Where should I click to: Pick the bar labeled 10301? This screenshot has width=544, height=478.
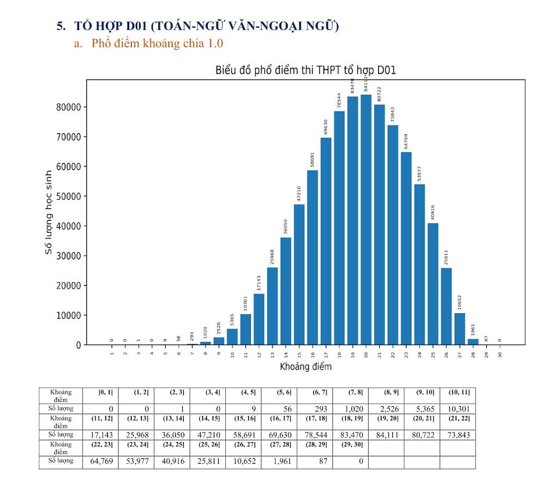pos(246,330)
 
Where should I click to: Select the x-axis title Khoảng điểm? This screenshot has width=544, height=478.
pos(306,367)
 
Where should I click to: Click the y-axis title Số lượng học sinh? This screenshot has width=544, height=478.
pos(48,213)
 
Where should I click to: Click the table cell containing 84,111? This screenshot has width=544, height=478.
pos(386,435)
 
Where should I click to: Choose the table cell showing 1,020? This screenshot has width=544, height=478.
pos(350,408)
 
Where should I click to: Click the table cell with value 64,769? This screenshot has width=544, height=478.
pos(100,462)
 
